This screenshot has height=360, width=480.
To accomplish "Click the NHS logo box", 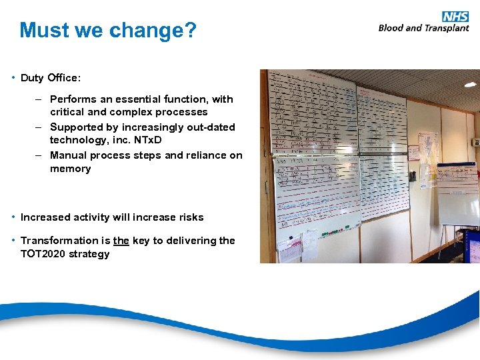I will coord(455,16).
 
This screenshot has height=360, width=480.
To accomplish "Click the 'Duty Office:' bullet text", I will coord(51,78).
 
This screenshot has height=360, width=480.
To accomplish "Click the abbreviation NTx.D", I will coord(146,141).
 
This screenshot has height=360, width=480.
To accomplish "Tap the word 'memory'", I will coord(70,169).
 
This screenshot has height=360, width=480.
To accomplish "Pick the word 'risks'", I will coord(190,217).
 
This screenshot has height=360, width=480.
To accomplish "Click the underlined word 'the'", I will coord(121,241).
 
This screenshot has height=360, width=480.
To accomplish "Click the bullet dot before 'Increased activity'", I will coord(13,217).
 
